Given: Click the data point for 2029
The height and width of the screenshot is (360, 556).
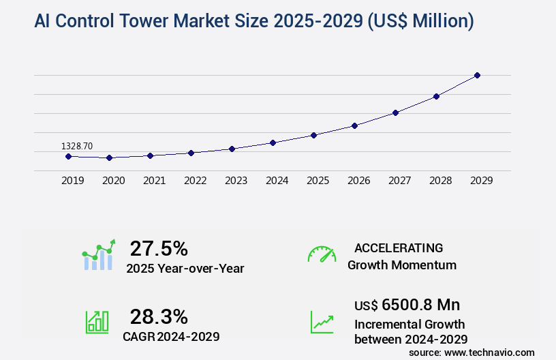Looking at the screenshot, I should [x=477, y=75].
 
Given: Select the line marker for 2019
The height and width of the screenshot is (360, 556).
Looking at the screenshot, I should [x=68, y=156].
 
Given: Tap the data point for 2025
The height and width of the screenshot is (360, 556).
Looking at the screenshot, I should [x=313, y=135].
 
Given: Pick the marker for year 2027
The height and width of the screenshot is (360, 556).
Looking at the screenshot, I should [x=395, y=112].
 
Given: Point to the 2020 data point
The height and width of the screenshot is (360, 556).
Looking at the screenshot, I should [x=109, y=157].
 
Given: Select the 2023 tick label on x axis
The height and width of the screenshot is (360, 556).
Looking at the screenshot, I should [x=236, y=181].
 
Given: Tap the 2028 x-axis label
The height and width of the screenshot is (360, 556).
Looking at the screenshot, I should [x=440, y=181].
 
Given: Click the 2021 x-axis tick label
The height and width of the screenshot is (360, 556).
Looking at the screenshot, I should [x=154, y=181].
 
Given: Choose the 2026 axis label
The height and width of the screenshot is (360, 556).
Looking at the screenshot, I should [x=358, y=181].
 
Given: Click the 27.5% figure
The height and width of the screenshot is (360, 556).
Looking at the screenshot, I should [x=159, y=248].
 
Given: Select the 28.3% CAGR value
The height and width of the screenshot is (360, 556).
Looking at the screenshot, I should [x=159, y=316].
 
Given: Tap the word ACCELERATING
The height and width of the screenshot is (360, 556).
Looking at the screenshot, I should [x=399, y=247].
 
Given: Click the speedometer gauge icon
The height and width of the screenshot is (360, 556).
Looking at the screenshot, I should [x=322, y=254].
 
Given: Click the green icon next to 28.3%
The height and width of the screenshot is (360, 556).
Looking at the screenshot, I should [x=97, y=322].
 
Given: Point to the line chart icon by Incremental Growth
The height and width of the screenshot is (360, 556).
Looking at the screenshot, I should [x=322, y=322].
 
